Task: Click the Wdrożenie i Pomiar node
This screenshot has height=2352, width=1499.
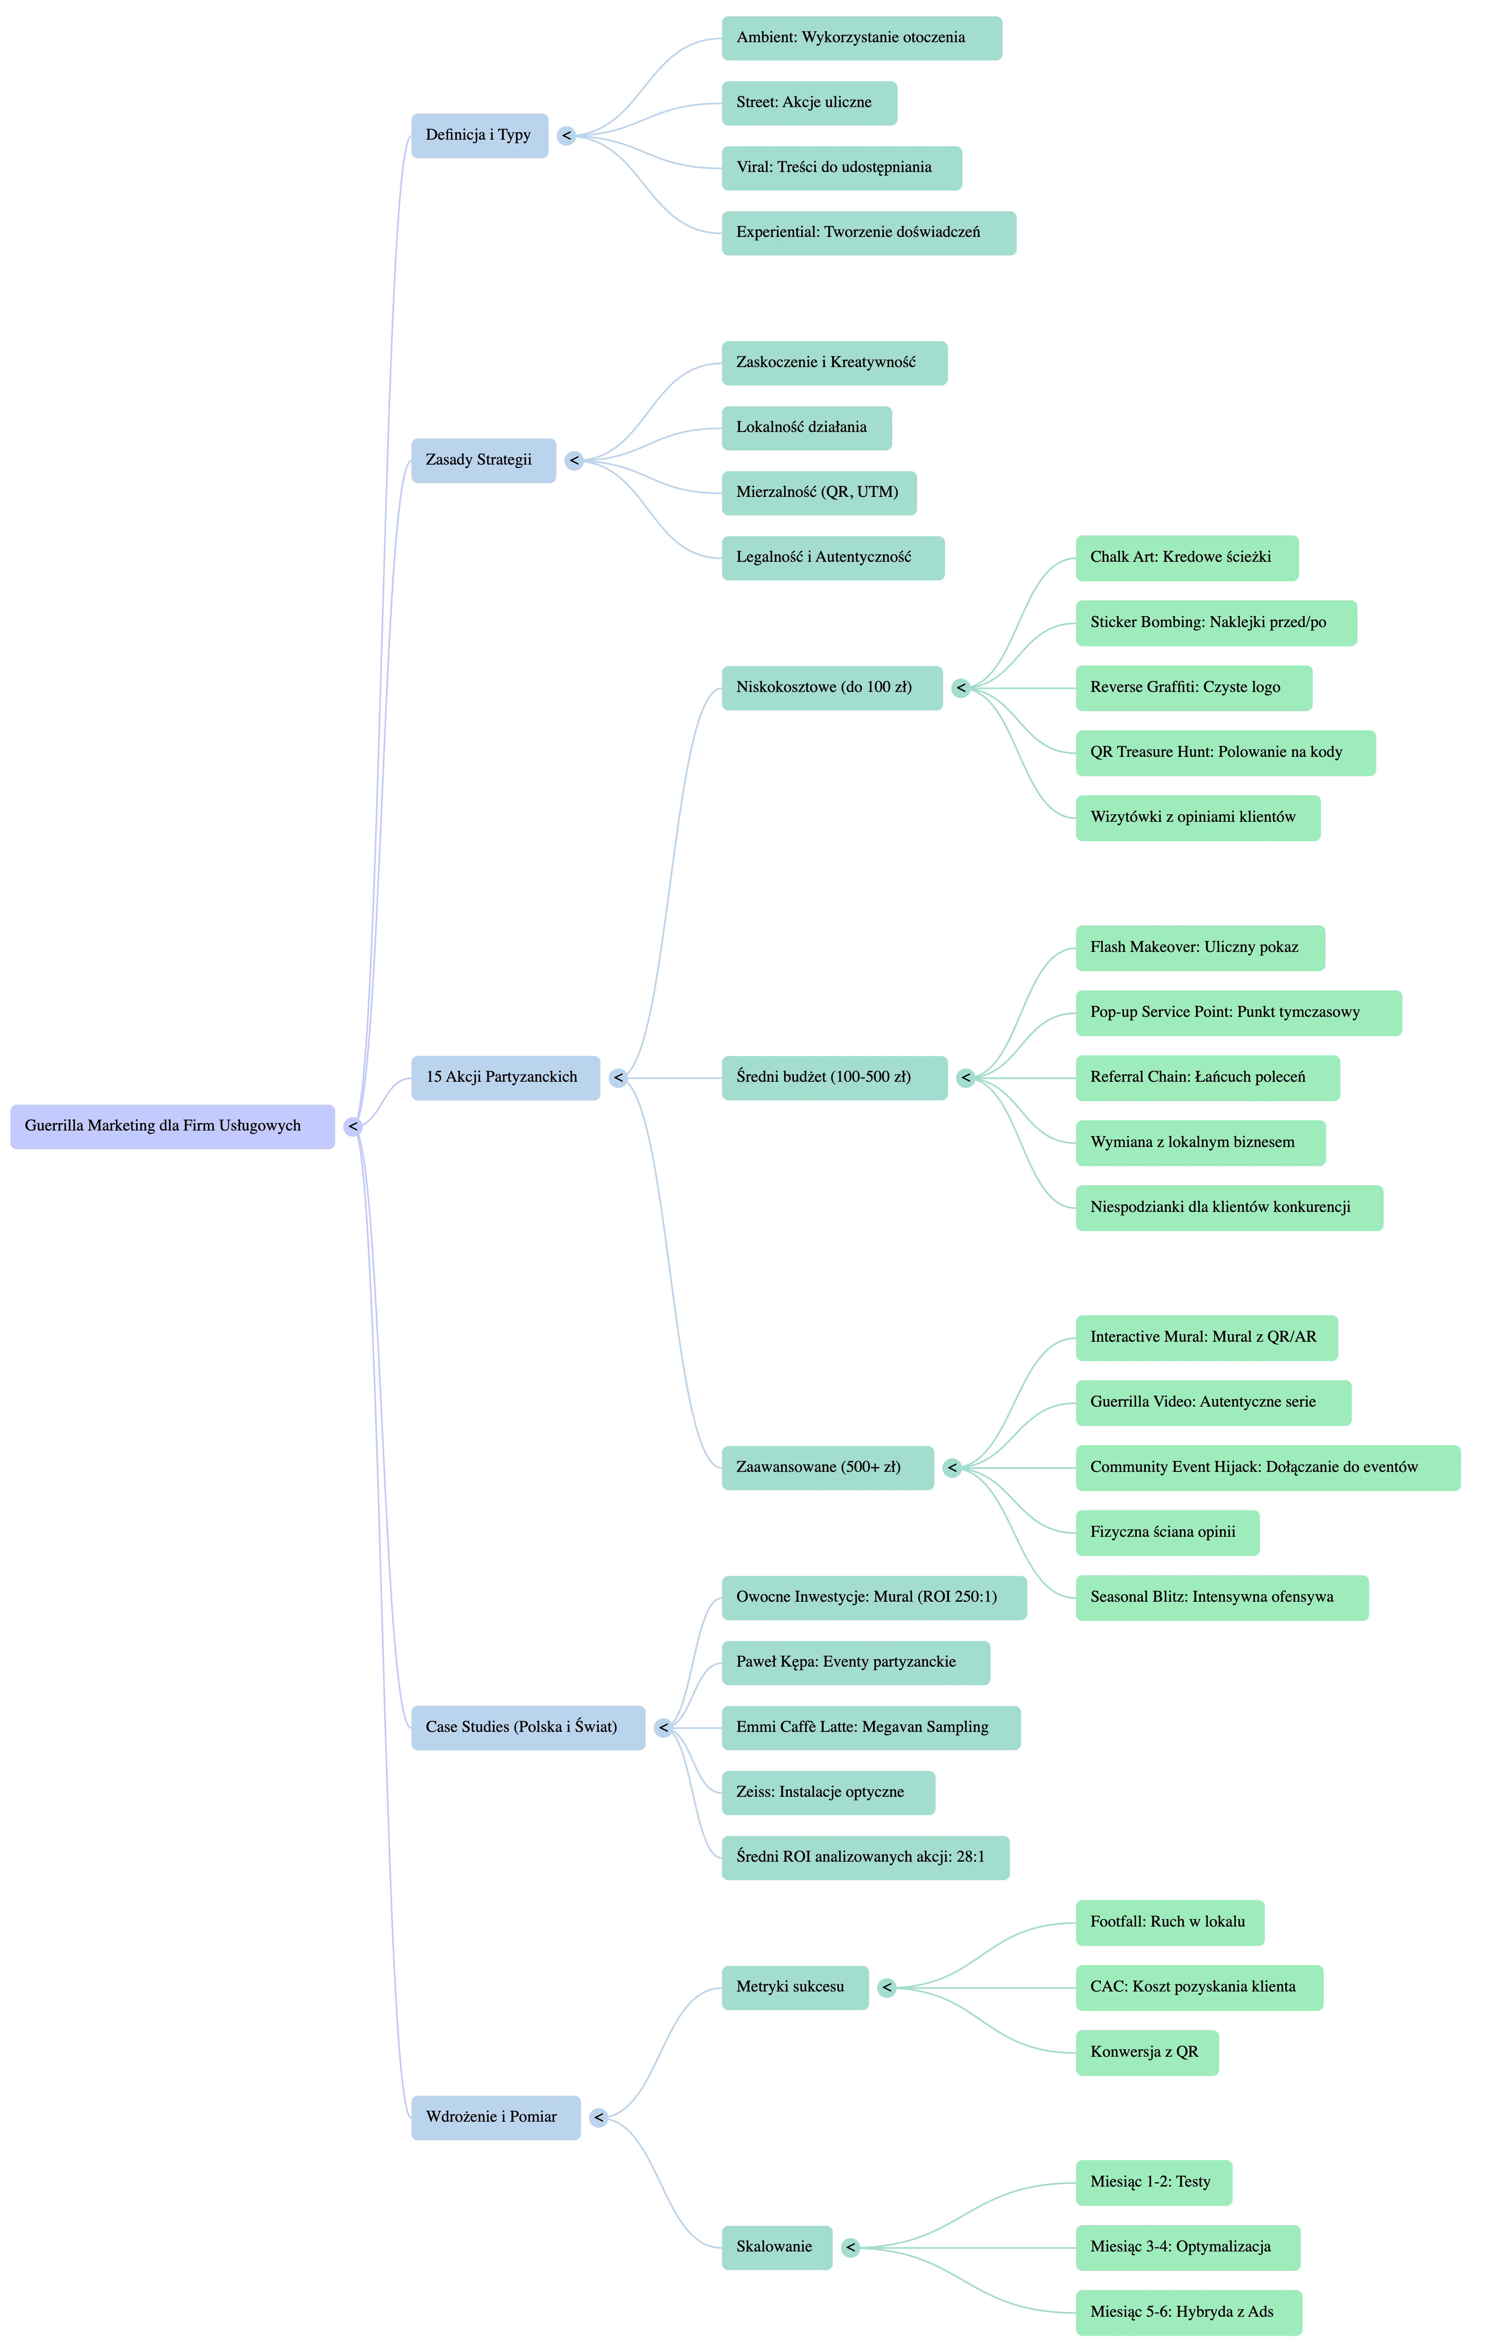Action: (495, 2118)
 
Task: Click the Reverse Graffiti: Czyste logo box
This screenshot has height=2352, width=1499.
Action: (1193, 688)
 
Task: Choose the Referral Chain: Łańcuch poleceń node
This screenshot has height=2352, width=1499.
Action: (1207, 1077)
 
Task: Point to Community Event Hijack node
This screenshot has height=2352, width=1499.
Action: (1267, 1467)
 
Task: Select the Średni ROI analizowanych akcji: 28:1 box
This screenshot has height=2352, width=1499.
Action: (864, 1857)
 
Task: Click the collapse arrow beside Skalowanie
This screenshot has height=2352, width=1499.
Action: (851, 2248)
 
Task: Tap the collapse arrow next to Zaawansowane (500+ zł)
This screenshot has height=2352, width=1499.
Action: (952, 1467)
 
